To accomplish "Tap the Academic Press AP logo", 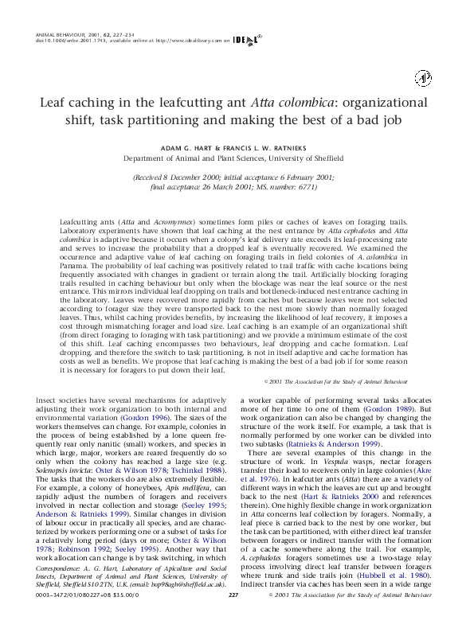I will click(x=422, y=77).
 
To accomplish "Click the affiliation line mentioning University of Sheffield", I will click(x=237, y=158).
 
